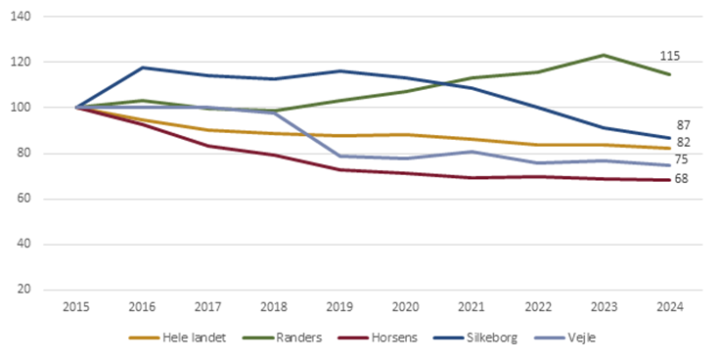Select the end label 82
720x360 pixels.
(684, 143)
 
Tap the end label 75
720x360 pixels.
(684, 159)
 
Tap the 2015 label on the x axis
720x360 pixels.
(76, 307)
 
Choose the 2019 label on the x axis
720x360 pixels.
(339, 307)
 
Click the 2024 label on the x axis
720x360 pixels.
(668, 307)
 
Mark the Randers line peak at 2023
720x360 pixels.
(603, 55)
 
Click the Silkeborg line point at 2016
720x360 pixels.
(143, 67)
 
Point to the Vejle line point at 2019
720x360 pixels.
(339, 156)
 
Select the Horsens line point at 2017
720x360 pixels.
(208, 146)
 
